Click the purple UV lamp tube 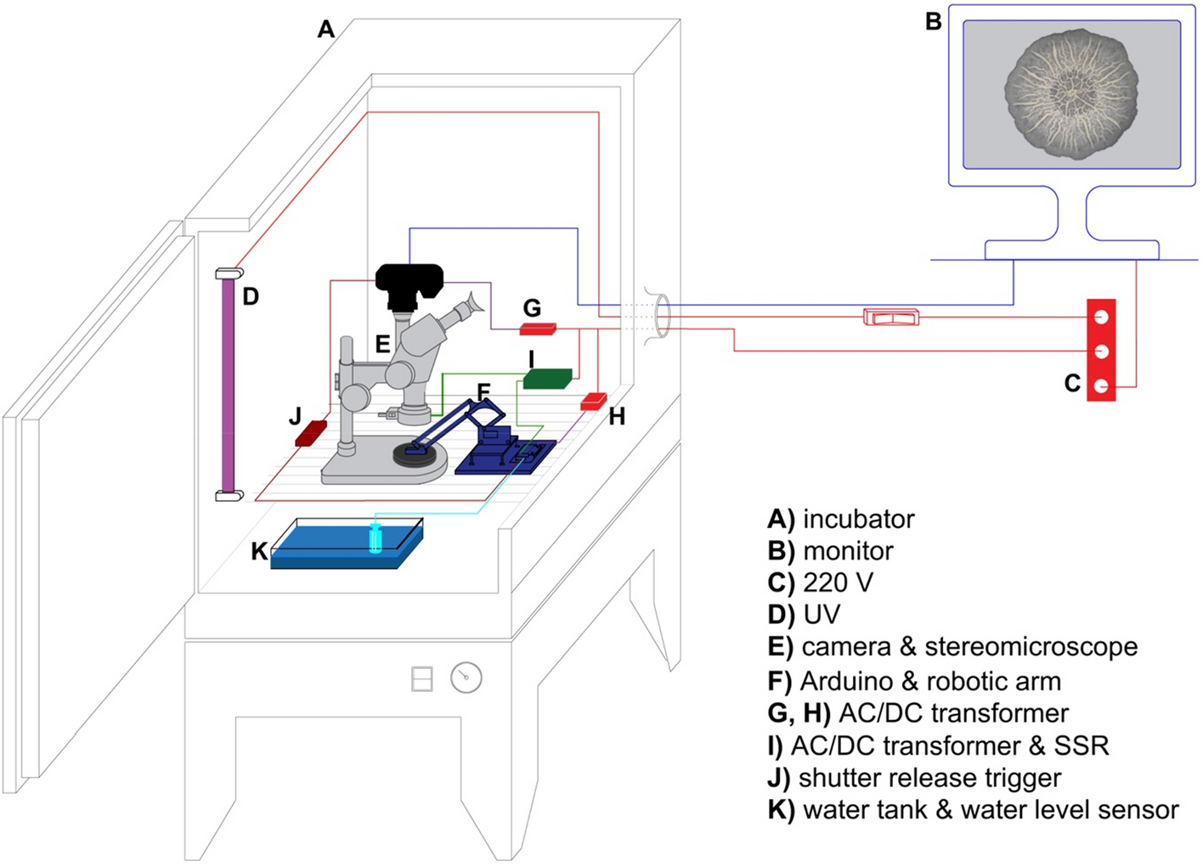coord(228,382)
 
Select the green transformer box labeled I coord(547,379)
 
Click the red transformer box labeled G coord(538,329)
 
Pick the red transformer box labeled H coord(593,402)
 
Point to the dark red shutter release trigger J coord(311,433)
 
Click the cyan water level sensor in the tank coord(376,539)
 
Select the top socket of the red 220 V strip coord(1101,317)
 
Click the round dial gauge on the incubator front coord(466,678)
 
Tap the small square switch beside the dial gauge coord(422,678)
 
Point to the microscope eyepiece coord(469,302)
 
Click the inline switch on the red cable coord(890,318)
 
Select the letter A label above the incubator coord(326,30)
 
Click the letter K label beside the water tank coord(260,552)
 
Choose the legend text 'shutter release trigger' coord(929,778)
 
